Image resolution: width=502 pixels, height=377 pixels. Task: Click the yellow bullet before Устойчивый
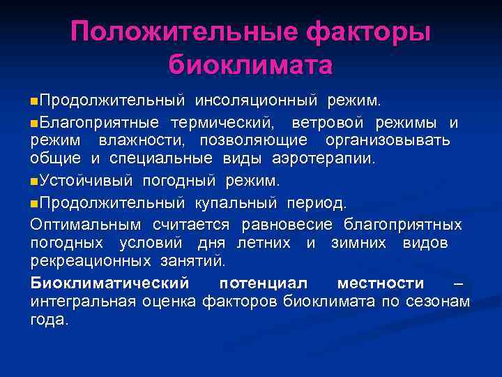coord(34,182)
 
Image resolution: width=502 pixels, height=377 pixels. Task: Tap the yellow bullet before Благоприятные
coord(34,124)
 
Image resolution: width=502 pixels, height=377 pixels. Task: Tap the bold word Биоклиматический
coord(109,283)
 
